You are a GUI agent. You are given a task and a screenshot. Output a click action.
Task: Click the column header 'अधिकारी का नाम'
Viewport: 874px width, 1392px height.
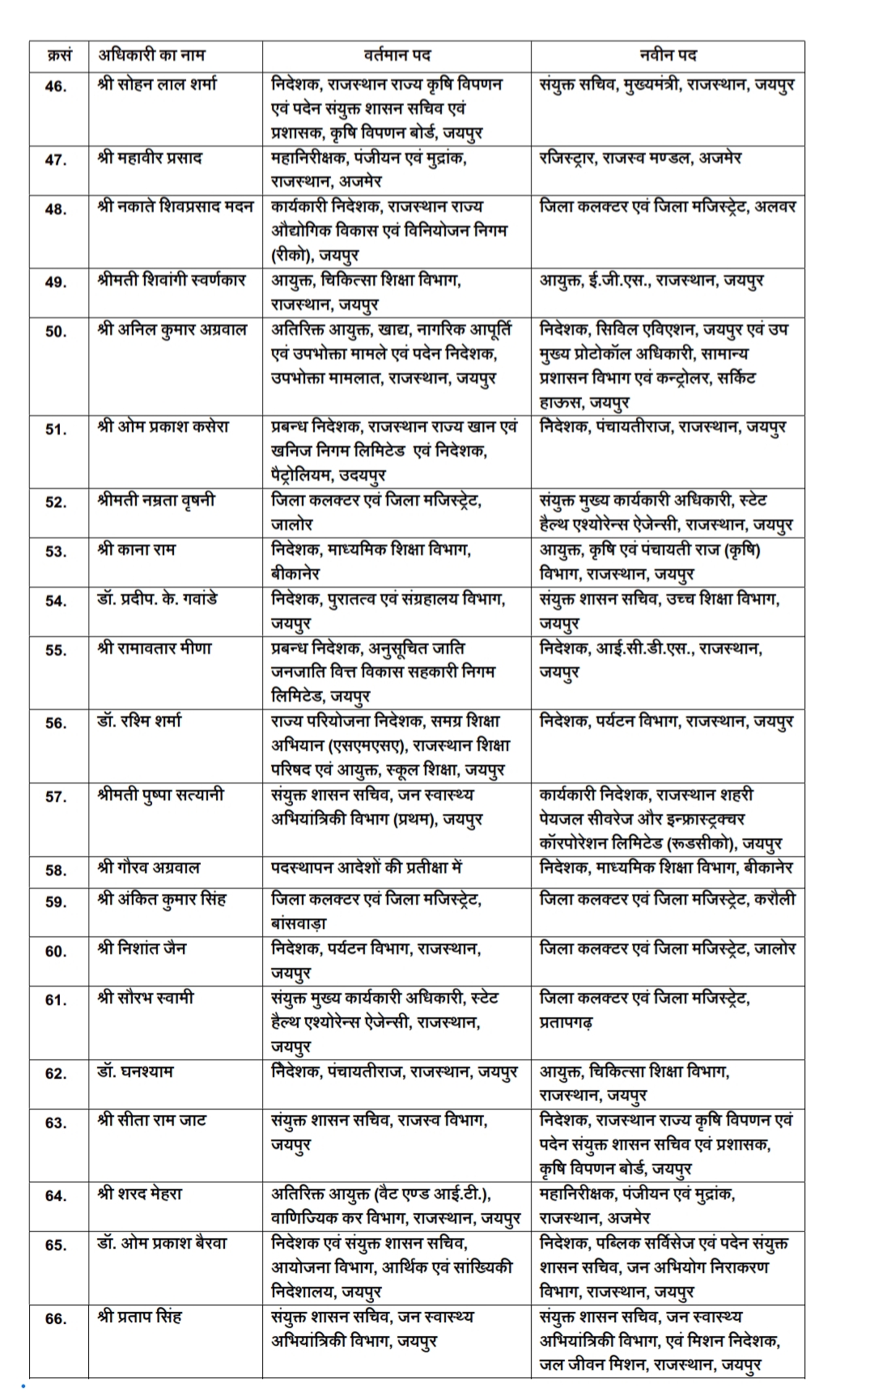click(151, 55)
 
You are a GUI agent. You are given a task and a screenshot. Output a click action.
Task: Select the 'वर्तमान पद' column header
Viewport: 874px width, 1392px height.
click(397, 55)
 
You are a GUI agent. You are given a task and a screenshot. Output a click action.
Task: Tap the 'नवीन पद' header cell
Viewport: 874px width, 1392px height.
click(668, 55)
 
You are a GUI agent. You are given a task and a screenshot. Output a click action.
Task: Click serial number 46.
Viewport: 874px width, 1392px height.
click(56, 86)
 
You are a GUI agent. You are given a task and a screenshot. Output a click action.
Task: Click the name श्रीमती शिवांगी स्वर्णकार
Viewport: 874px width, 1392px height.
click(171, 281)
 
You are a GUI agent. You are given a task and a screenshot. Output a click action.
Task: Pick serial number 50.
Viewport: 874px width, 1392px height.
click(56, 331)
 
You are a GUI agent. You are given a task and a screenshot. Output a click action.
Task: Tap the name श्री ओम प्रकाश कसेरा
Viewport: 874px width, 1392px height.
click(163, 427)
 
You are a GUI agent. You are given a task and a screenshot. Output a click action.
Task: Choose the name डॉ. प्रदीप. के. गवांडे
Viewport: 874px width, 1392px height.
click(157, 600)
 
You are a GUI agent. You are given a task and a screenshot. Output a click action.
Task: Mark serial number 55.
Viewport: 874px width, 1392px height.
click(56, 650)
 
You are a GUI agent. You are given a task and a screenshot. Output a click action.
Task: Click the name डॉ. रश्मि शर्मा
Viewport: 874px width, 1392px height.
click(139, 720)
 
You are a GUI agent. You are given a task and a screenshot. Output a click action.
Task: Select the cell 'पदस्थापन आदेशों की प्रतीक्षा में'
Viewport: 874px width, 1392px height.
click(367, 868)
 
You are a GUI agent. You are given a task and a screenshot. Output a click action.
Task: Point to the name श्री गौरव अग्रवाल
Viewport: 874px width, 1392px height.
click(149, 868)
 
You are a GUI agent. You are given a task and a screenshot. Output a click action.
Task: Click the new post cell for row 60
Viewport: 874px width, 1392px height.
click(668, 949)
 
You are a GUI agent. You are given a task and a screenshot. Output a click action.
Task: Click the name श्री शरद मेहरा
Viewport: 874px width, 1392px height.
click(140, 1194)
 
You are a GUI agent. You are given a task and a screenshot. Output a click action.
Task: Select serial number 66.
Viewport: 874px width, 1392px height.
click(56, 1318)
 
